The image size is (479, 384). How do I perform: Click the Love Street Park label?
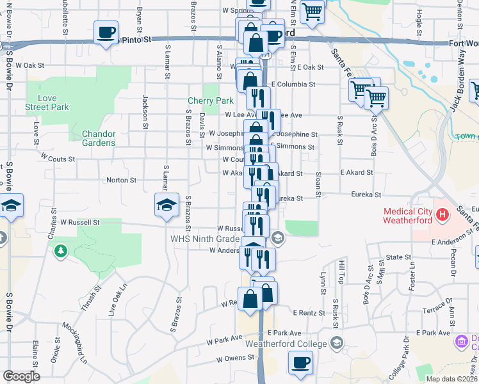point(47,102)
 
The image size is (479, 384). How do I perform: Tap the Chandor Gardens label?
point(98,138)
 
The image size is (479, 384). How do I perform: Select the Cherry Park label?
point(211,100)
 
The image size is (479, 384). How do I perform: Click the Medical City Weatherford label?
point(408,216)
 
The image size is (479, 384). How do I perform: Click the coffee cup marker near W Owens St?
point(300,364)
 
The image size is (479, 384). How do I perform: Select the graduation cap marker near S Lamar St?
point(166,205)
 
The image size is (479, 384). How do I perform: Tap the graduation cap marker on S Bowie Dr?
point(12,205)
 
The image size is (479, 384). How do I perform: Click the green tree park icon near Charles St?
point(61,250)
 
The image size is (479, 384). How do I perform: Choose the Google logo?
point(21,376)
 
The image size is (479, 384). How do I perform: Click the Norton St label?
point(121,180)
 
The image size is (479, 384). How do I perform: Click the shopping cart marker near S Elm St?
point(313,11)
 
